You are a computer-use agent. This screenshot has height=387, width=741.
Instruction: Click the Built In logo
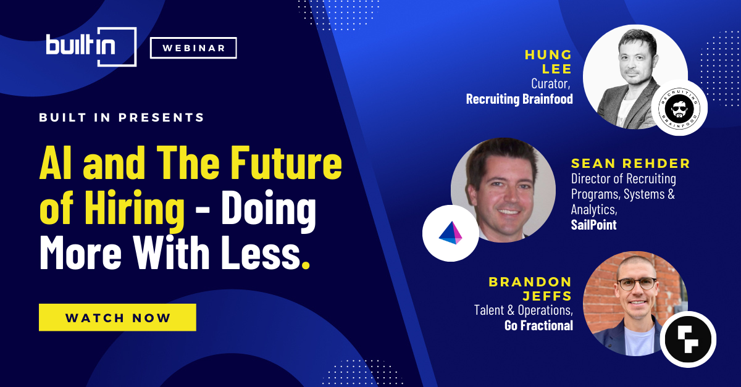[x=91, y=47]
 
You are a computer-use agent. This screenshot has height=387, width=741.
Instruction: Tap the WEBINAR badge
[x=193, y=48]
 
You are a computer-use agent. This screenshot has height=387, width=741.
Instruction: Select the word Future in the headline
[x=286, y=163]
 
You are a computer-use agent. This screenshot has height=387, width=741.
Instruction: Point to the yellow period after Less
[x=306, y=264]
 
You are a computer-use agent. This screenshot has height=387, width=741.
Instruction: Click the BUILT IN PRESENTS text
[x=122, y=117]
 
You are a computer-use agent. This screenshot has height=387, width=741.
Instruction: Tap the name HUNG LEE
[x=548, y=62]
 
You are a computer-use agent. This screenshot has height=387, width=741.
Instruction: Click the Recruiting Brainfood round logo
[x=679, y=108]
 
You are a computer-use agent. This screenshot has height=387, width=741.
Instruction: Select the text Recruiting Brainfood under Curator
[x=519, y=99]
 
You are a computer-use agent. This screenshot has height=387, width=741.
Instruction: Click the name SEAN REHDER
[x=630, y=164]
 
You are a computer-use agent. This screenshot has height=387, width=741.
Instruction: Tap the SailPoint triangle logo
[x=451, y=233]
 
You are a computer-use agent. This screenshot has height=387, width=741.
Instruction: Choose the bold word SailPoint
[x=594, y=225]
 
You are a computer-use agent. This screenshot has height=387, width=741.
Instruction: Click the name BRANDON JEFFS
[x=530, y=289]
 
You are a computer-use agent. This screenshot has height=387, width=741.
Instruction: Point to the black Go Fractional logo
[x=688, y=339]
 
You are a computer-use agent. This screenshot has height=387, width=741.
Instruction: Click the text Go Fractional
[x=538, y=325]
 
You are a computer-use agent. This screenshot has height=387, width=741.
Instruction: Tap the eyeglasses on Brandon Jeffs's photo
[x=637, y=284]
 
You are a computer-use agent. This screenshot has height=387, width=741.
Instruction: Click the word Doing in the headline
[x=269, y=210]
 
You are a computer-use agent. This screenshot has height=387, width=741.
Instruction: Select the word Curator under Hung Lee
[x=551, y=84]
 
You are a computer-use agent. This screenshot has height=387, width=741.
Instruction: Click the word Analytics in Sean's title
[x=594, y=210]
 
